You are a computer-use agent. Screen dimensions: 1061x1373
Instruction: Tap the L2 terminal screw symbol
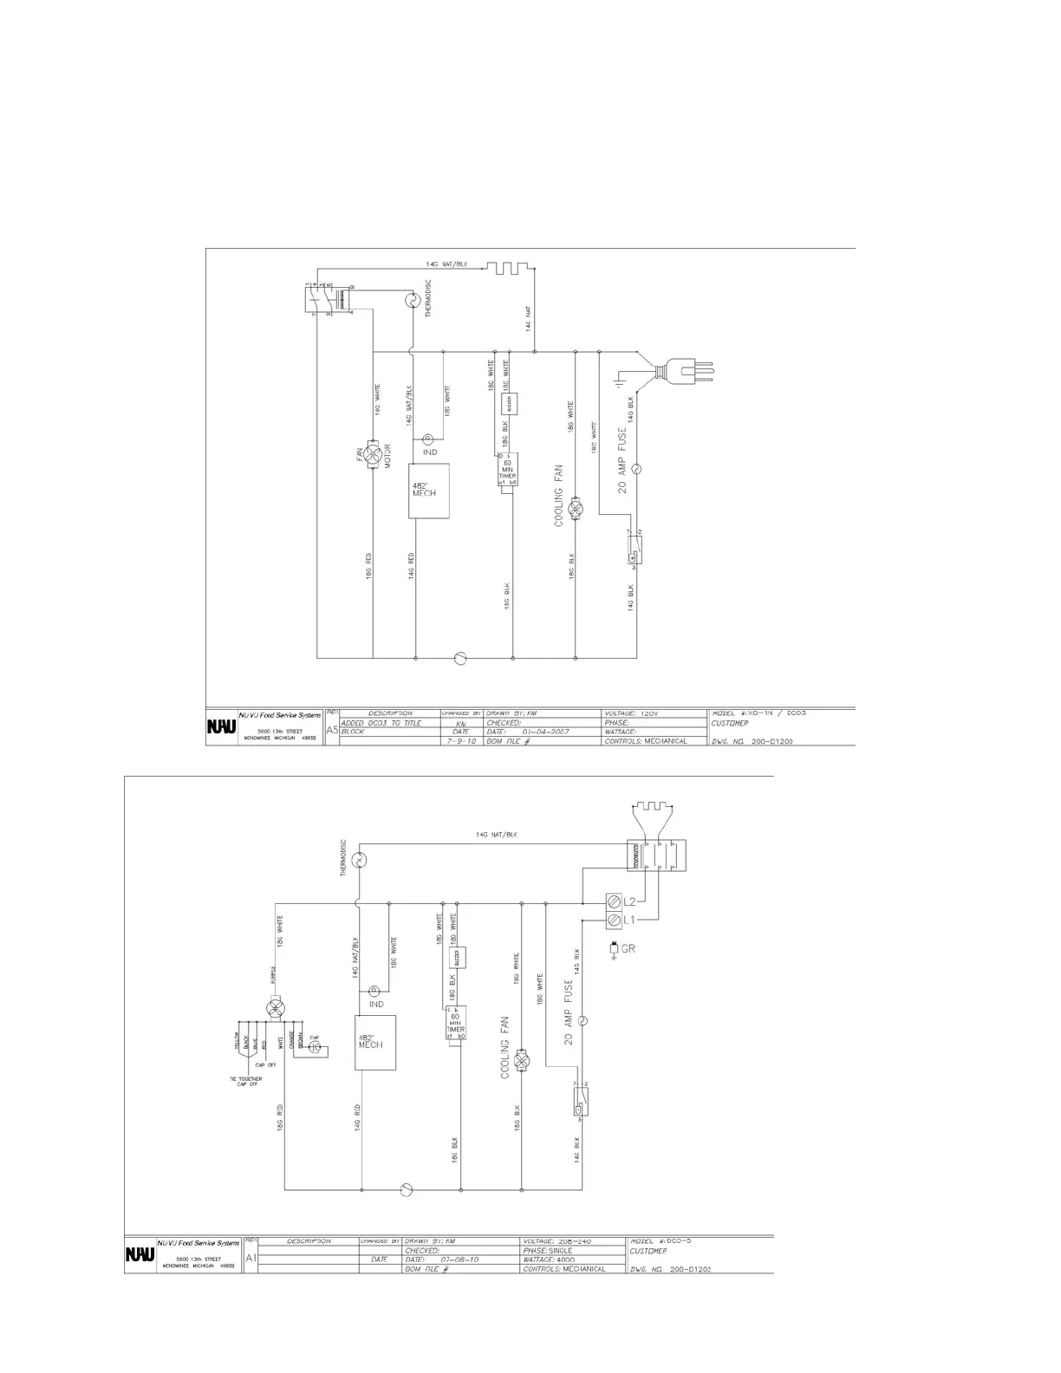(614, 901)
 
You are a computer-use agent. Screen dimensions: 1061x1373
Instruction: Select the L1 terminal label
(630, 919)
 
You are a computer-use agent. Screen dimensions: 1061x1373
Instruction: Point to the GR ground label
(628, 948)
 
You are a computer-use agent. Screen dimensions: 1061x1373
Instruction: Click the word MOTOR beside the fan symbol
(387, 457)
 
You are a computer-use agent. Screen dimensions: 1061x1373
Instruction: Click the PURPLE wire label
(273, 976)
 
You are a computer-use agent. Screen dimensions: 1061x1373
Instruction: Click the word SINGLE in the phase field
(561, 1251)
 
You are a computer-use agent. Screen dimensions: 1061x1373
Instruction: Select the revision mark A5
(332, 731)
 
